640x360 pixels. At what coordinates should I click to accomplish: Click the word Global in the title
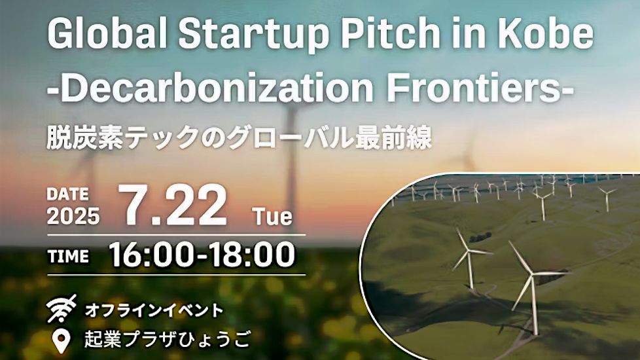(108, 33)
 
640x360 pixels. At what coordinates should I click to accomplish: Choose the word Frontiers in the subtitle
(476, 87)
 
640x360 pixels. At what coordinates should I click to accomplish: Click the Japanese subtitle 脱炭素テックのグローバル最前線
(239, 137)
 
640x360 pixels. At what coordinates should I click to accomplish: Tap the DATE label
(67, 194)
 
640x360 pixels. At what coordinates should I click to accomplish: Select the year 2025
(73, 216)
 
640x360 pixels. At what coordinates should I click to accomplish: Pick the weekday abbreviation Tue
(272, 216)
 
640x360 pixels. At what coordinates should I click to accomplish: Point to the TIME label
(68, 257)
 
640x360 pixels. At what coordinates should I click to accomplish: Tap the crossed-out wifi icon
(62, 308)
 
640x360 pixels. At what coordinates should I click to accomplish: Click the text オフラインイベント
(154, 311)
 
